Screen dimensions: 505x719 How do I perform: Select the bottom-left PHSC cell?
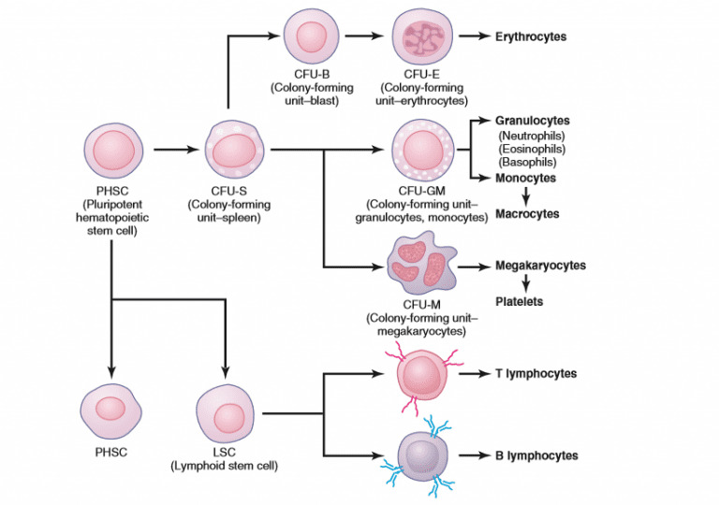coord(110,411)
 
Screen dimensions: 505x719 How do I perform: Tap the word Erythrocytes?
coord(530,36)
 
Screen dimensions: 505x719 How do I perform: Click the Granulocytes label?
coord(532,121)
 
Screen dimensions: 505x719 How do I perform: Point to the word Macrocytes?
coord(527,214)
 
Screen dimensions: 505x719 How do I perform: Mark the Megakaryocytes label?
coord(540,266)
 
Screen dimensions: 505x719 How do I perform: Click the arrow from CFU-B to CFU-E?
coord(363,36)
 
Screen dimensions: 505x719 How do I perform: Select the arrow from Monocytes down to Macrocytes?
coord(526,195)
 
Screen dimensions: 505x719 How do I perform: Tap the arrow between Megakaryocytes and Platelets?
coord(526,284)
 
